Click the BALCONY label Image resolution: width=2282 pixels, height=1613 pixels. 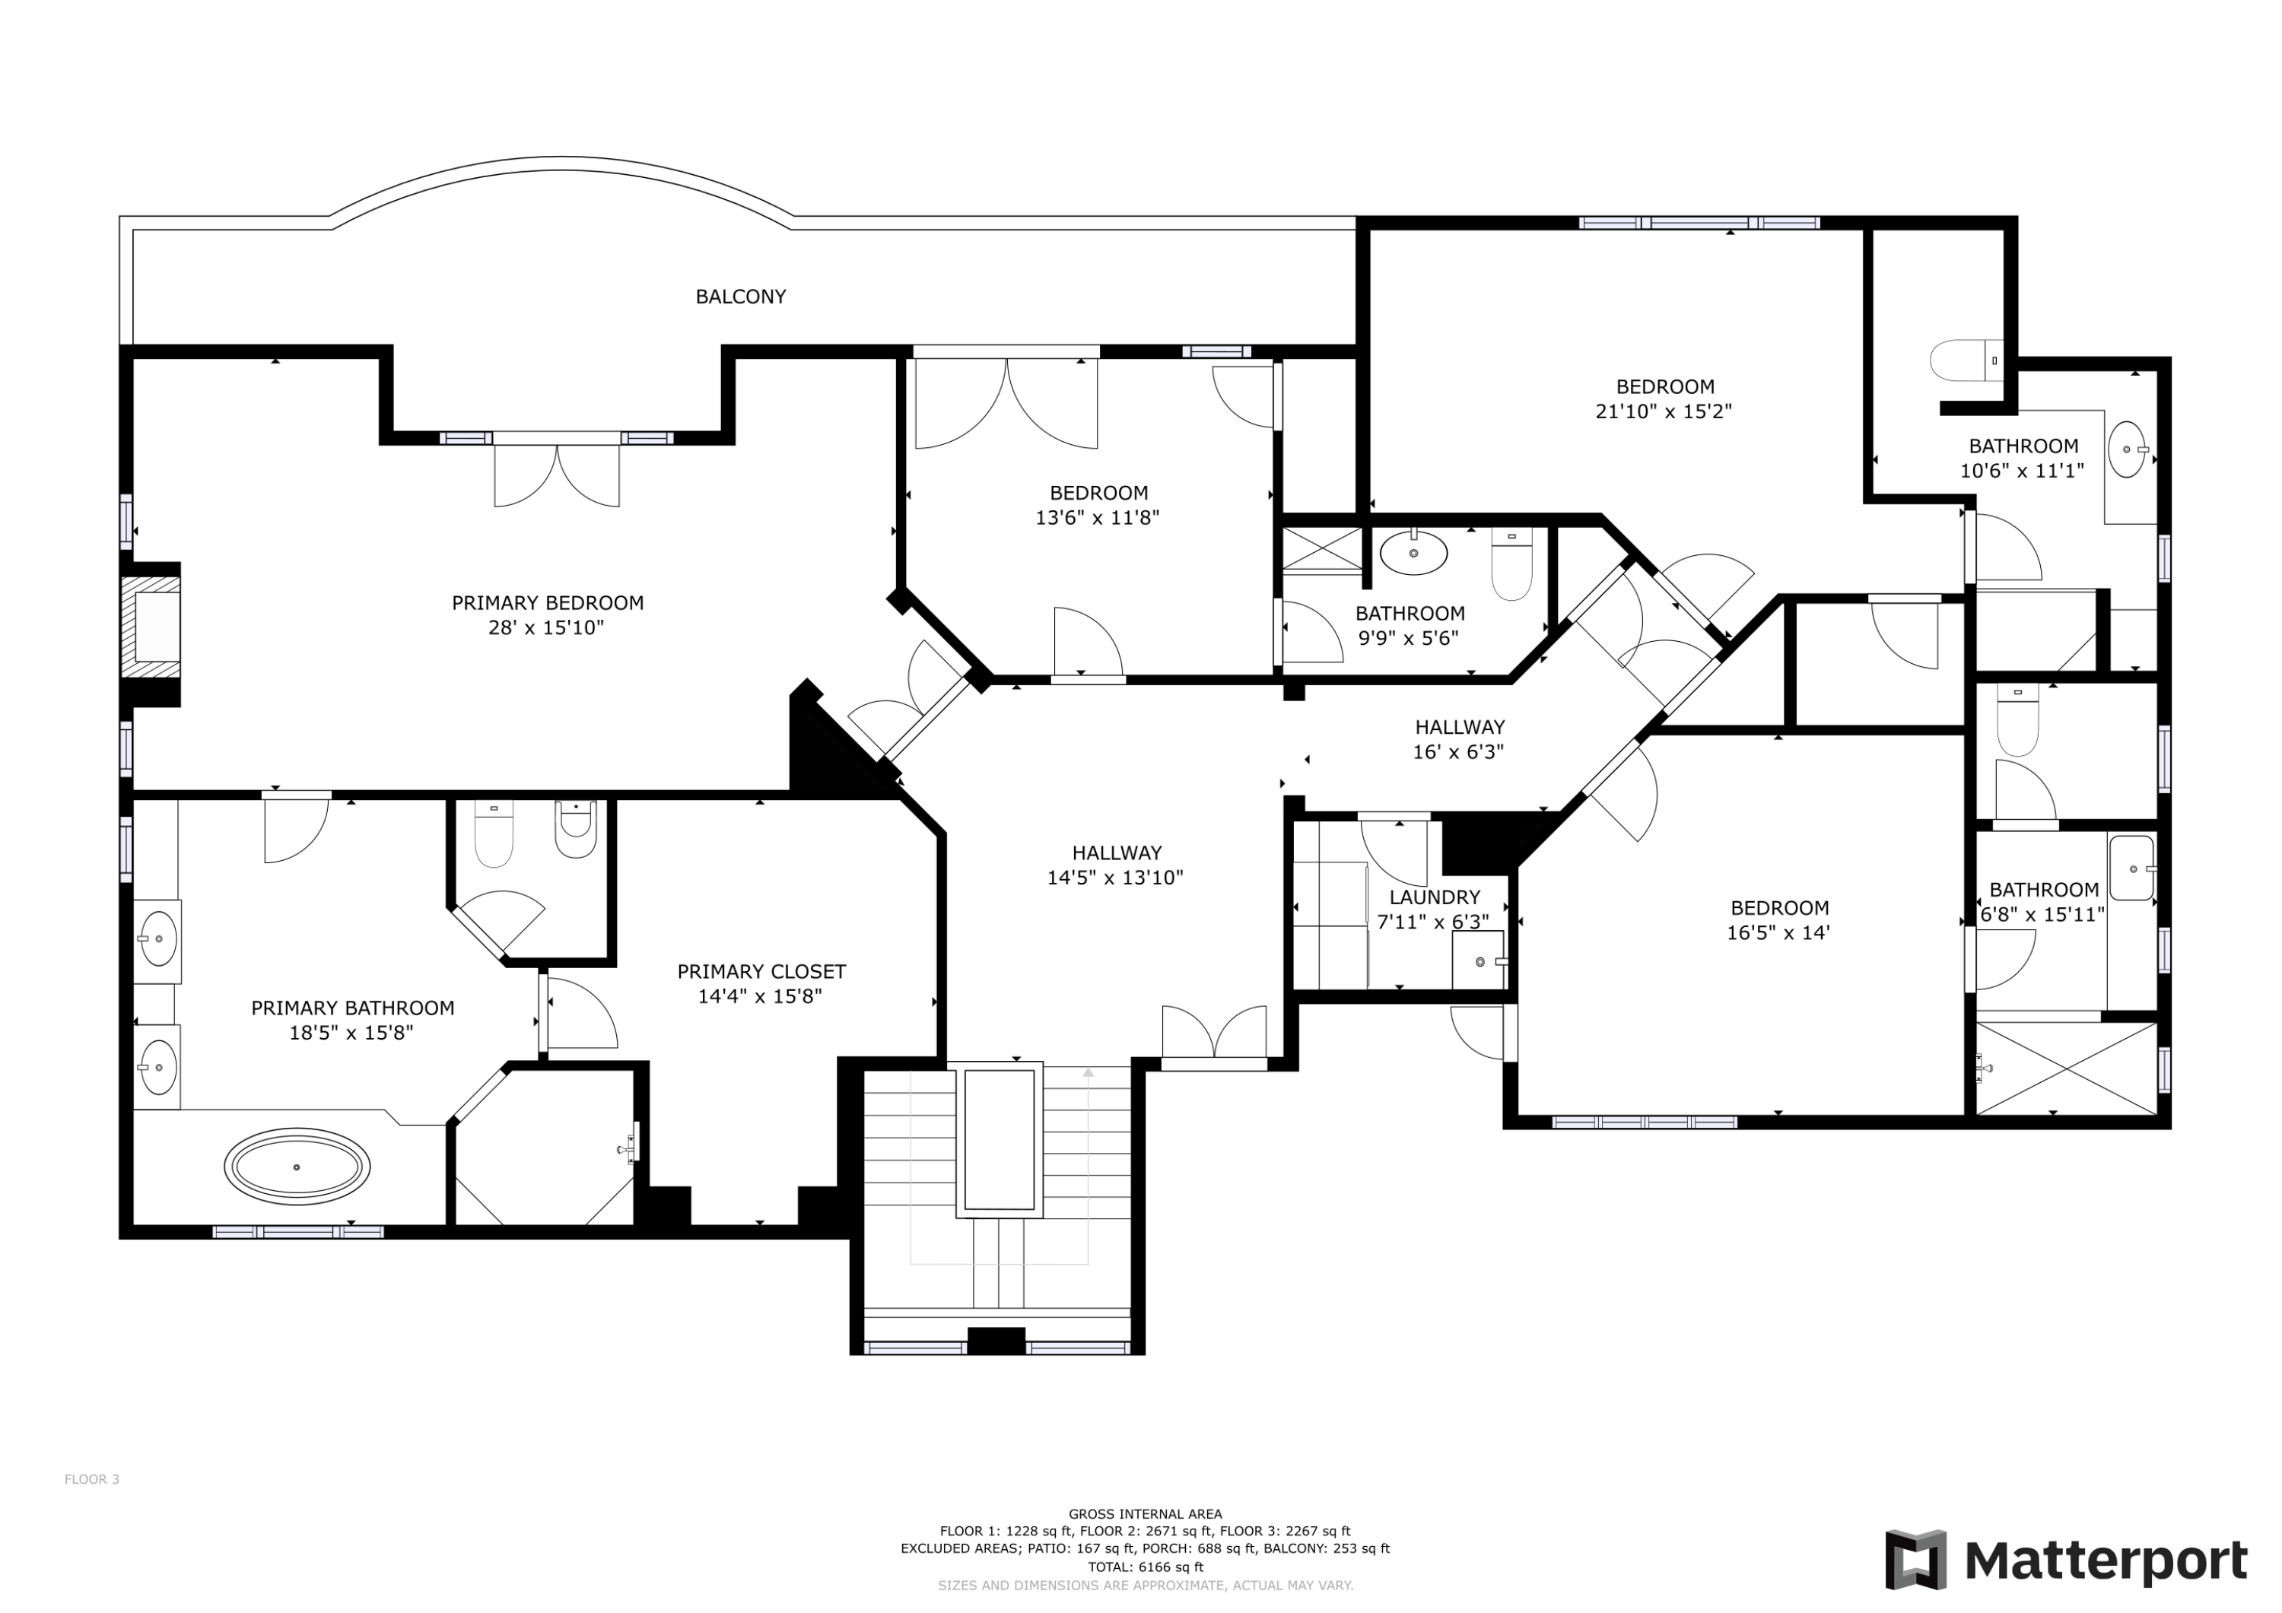pyautogui.click(x=740, y=296)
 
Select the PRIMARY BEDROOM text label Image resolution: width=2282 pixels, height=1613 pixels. pyautogui.click(x=548, y=602)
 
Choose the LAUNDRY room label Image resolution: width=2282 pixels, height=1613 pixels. pyautogui.click(x=1434, y=897)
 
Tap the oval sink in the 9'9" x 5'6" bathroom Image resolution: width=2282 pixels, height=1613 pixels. pyautogui.click(x=1413, y=553)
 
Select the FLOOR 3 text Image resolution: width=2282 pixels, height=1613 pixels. pyautogui.click(x=91, y=1479)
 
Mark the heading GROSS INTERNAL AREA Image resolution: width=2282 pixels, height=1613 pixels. pyautogui.click(x=1145, y=1513)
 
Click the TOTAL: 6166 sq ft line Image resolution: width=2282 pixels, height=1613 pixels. pyautogui.click(x=1145, y=1567)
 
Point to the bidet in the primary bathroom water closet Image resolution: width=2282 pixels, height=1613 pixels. pyautogui.click(x=576, y=831)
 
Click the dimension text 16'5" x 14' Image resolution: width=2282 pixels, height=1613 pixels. pyautogui.click(x=1778, y=932)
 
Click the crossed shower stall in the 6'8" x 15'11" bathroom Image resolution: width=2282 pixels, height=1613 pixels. pyautogui.click(x=2065, y=1068)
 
